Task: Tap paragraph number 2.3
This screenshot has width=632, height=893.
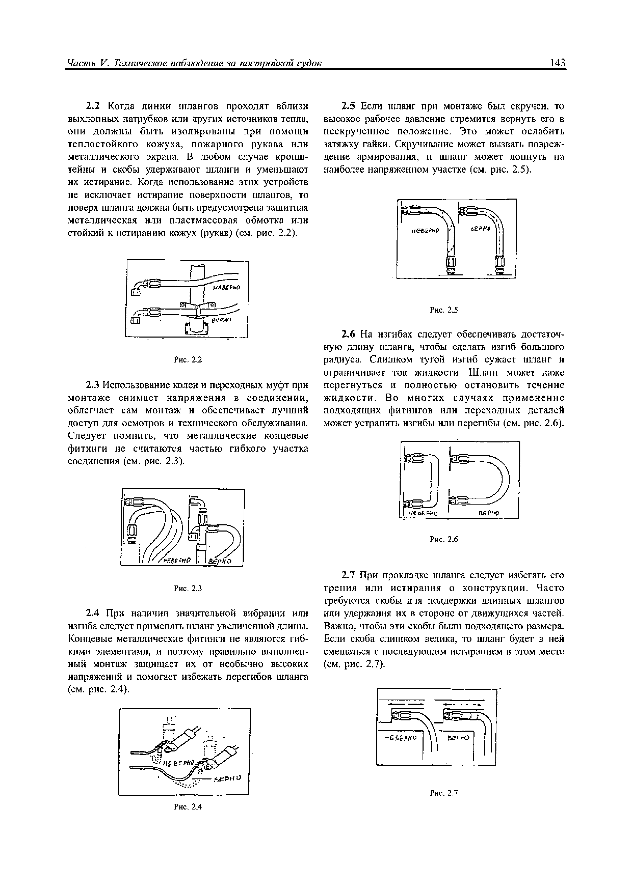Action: (x=93, y=385)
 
